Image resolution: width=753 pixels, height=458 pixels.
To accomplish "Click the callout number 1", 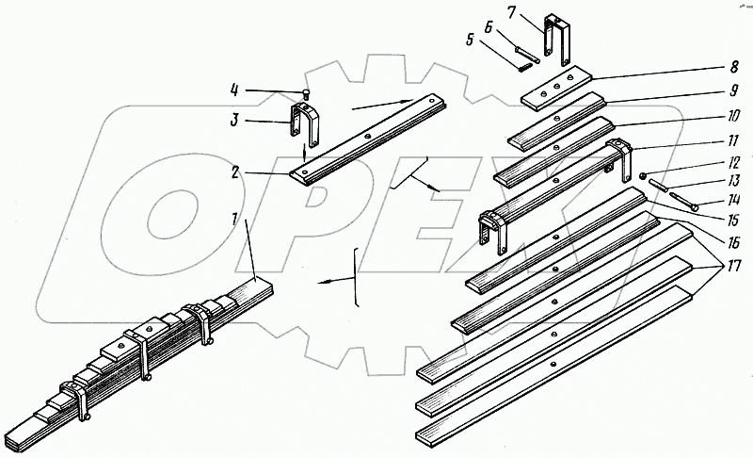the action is (x=234, y=221).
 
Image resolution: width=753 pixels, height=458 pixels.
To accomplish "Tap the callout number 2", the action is (x=234, y=172).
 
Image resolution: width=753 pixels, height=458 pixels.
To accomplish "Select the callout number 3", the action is (x=233, y=120).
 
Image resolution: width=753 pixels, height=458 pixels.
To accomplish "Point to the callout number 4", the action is (x=234, y=90).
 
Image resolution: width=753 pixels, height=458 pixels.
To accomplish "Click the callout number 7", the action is (x=512, y=12).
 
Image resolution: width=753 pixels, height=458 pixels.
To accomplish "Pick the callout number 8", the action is (x=734, y=67).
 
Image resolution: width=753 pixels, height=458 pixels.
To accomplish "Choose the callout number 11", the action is (x=733, y=141).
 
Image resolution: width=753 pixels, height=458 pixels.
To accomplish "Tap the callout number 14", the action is (x=733, y=199).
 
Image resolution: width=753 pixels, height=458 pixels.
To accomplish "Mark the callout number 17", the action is (x=734, y=266).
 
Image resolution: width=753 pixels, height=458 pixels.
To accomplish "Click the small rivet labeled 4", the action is (x=306, y=92).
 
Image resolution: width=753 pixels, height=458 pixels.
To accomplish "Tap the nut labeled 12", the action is (x=643, y=177).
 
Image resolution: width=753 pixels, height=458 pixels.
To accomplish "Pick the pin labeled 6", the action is (x=527, y=54).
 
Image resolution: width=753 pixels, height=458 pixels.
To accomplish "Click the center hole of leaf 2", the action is (x=367, y=137).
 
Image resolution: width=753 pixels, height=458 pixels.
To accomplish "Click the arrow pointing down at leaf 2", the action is (x=303, y=153).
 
